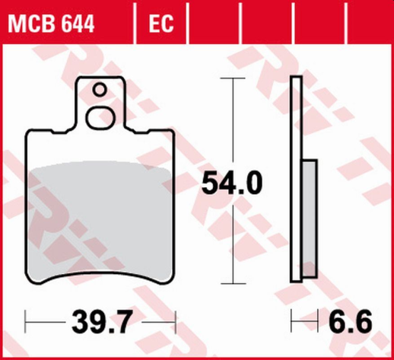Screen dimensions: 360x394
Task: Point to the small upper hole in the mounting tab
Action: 99,90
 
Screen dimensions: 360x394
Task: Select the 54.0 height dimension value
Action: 231,183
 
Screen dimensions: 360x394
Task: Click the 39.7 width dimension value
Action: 100,323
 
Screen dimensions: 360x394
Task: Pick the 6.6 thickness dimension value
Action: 350,323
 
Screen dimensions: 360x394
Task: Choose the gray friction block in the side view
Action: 310,218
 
